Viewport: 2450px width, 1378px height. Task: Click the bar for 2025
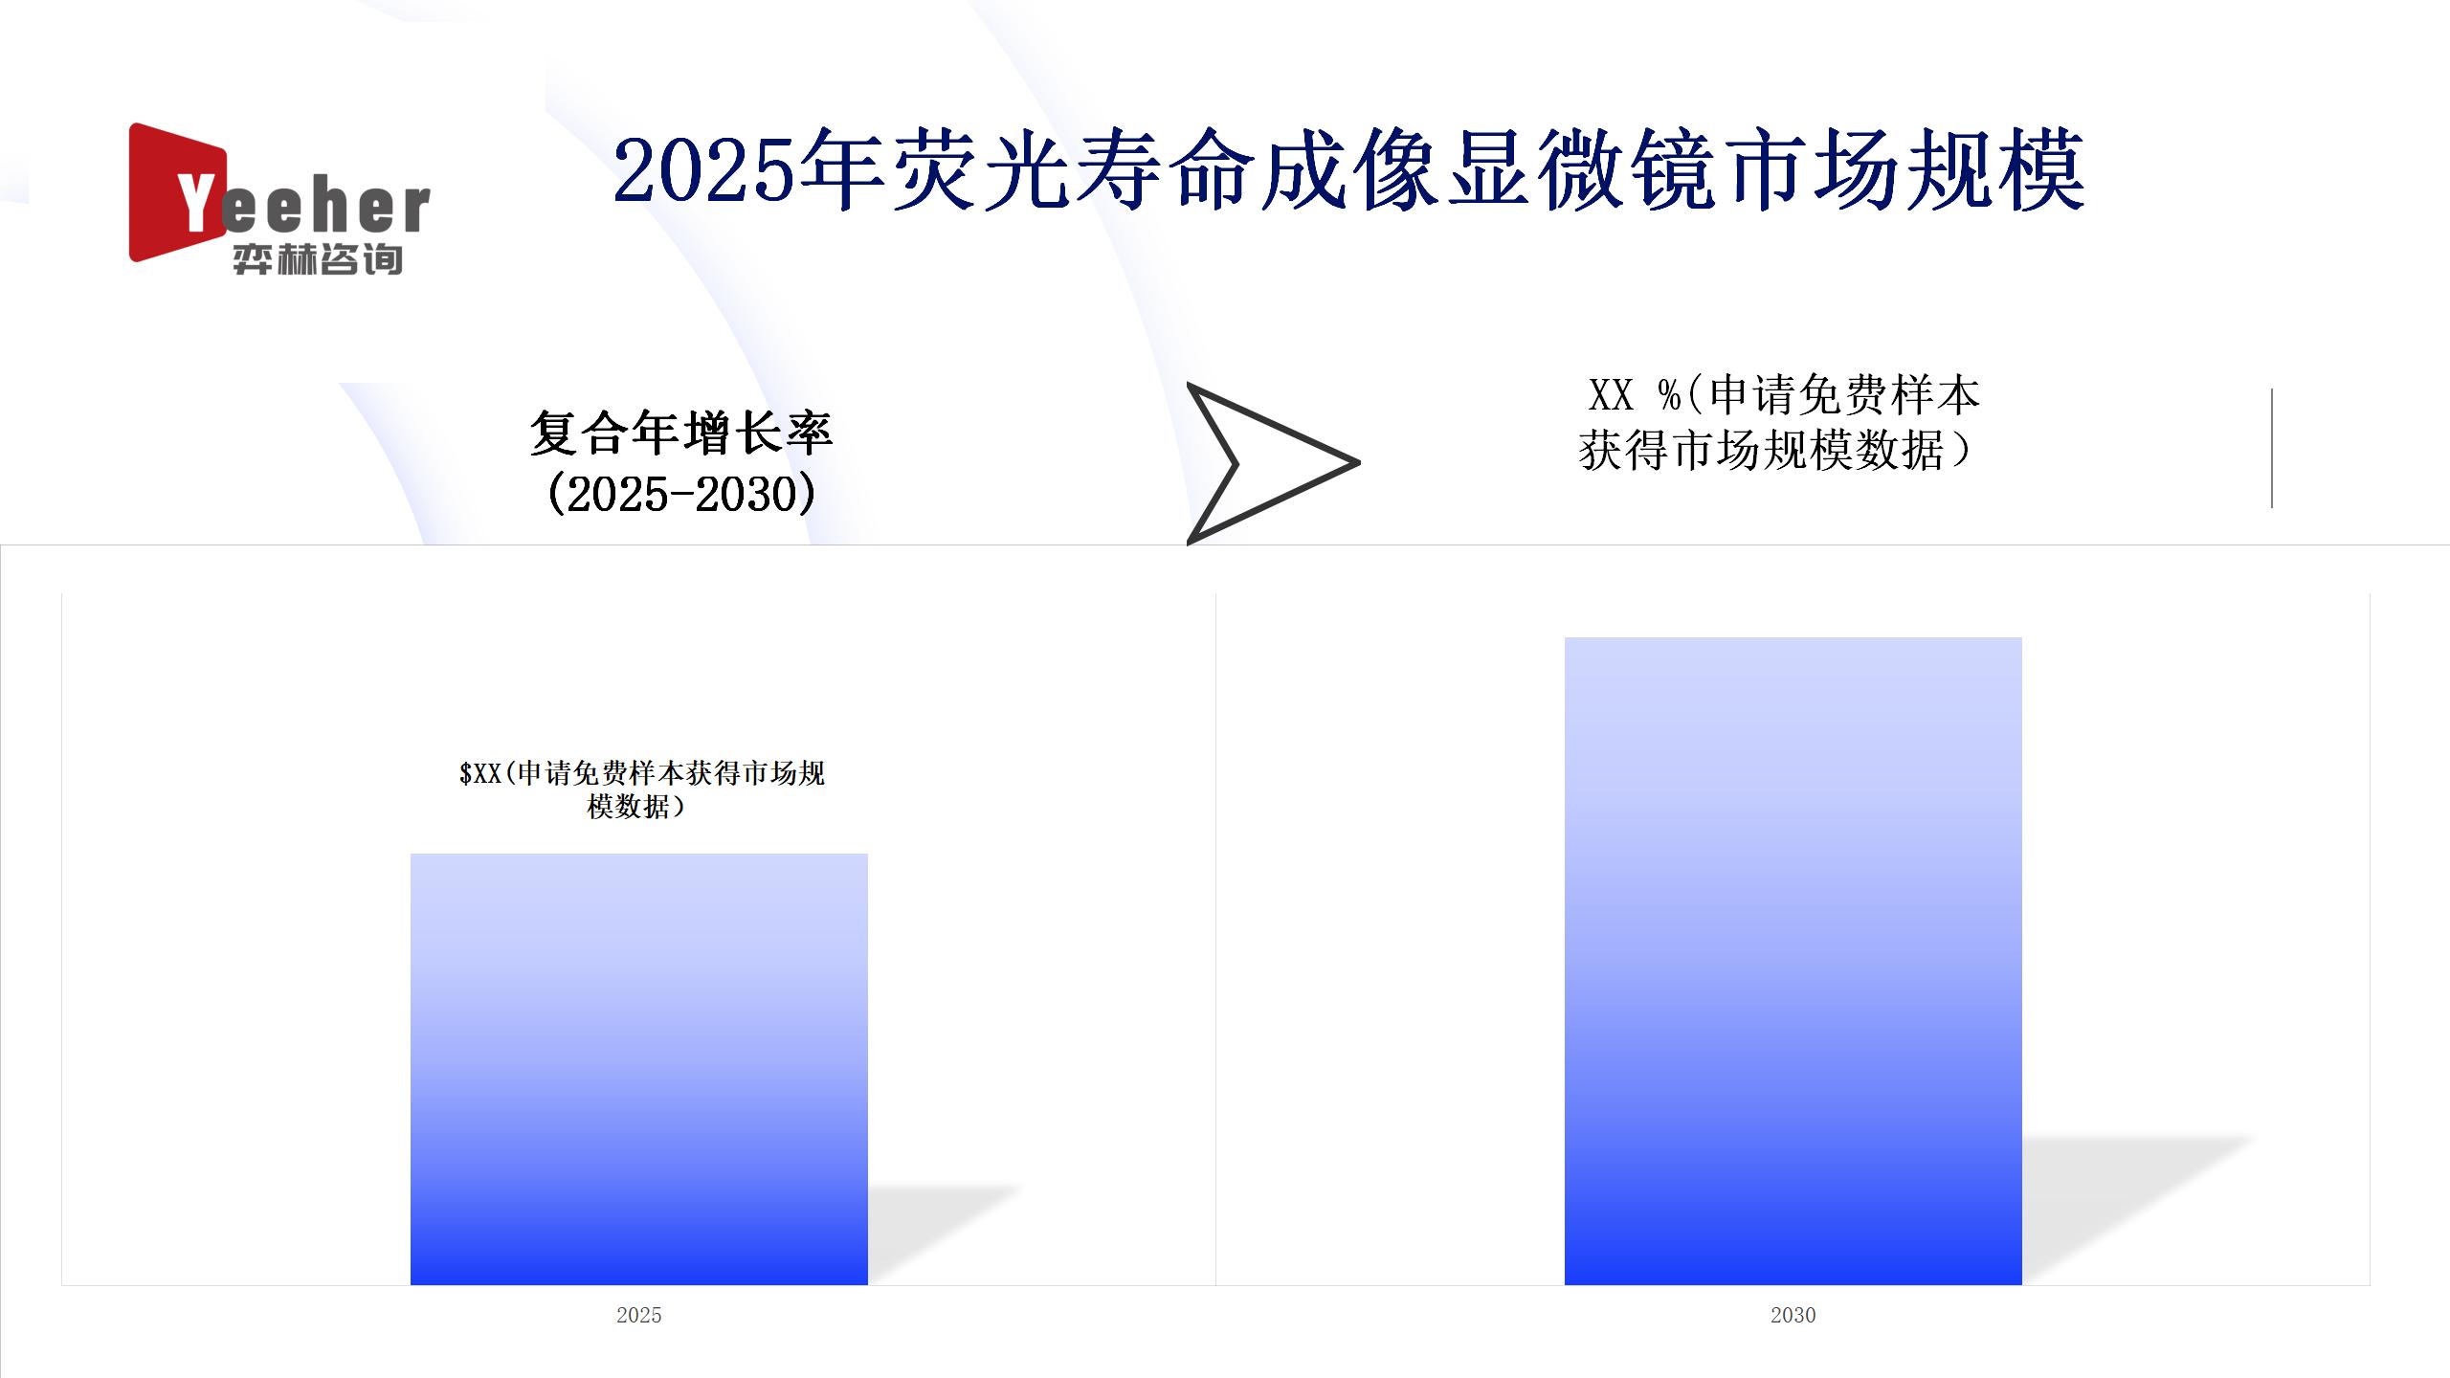(x=639, y=1069)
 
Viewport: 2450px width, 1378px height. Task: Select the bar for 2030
(x=1793, y=961)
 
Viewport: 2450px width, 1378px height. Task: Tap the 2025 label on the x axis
(x=639, y=1315)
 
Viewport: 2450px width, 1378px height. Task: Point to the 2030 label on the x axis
(x=1793, y=1315)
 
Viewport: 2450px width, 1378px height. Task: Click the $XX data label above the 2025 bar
(x=641, y=789)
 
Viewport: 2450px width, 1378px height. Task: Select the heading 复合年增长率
(x=681, y=433)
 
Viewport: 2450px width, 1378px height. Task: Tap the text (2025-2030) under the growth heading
(x=681, y=494)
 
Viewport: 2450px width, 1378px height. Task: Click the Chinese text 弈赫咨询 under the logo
(x=318, y=258)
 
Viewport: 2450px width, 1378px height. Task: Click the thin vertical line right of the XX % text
(x=2272, y=448)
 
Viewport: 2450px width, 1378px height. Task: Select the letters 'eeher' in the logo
(x=325, y=208)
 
